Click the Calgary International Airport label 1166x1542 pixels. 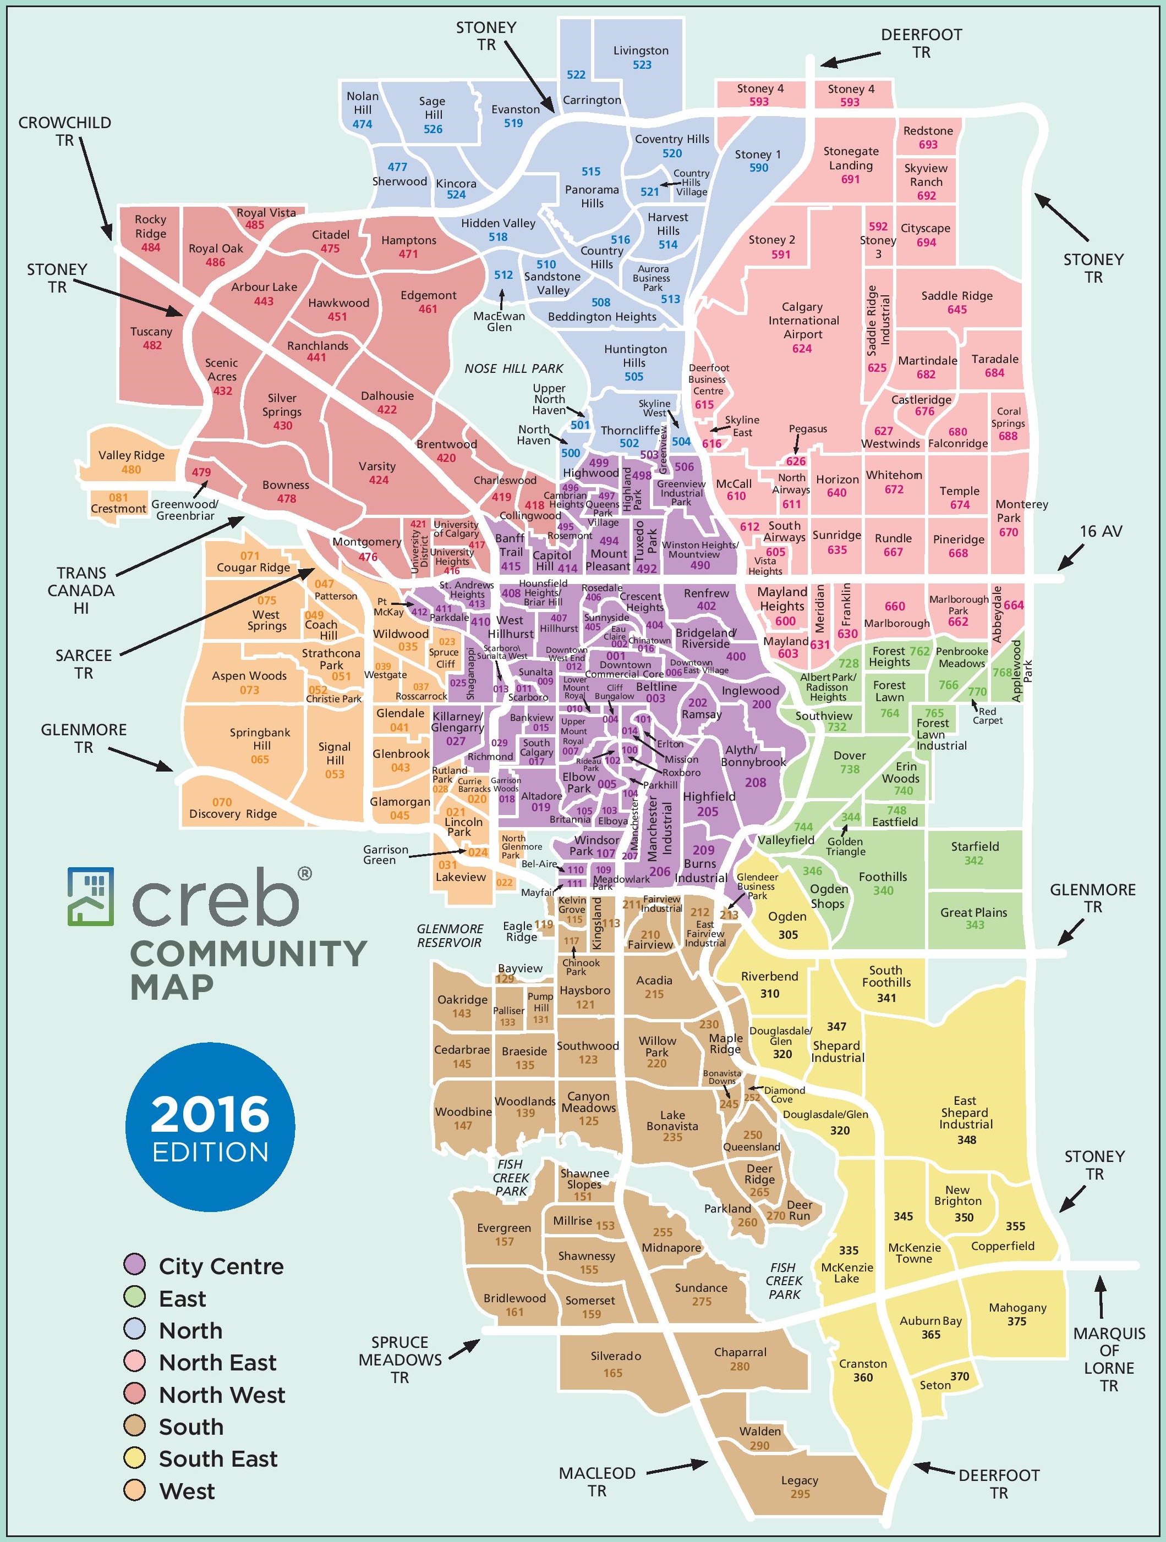point(803,321)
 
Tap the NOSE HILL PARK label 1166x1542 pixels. point(514,368)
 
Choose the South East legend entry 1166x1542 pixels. point(217,1458)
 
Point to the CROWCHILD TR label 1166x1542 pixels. point(64,131)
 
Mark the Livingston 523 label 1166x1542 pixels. point(641,57)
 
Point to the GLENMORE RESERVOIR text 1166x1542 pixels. point(450,935)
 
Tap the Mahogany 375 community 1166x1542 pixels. point(1017,1314)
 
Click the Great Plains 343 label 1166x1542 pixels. point(973,918)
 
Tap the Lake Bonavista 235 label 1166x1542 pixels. point(672,1126)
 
